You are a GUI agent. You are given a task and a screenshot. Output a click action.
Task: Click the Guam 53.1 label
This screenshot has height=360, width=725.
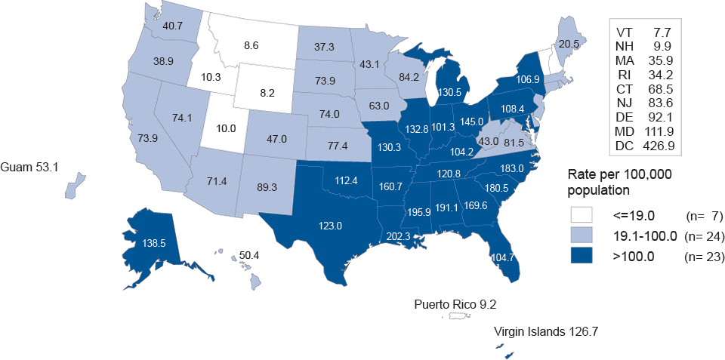pos(31,166)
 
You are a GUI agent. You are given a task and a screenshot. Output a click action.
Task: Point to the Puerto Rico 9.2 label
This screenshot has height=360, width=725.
pos(455,305)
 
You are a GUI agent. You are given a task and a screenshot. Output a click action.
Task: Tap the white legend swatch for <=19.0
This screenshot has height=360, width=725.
pos(582,216)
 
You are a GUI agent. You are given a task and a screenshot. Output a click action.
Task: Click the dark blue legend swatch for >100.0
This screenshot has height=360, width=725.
pos(582,257)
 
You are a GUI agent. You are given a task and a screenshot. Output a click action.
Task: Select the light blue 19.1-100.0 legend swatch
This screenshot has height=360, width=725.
pos(582,236)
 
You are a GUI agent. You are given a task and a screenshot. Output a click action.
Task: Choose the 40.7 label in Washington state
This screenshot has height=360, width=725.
pos(172,26)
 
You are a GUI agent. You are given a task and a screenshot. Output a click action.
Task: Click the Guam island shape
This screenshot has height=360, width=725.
pos(73,186)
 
